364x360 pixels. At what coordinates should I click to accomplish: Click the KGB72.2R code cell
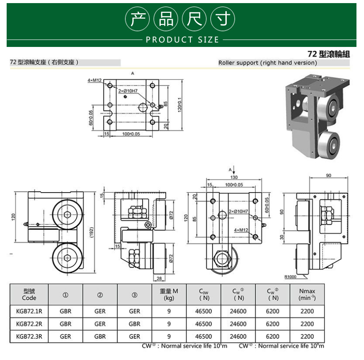(x=29, y=324)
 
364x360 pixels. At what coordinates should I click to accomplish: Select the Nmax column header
(x=307, y=294)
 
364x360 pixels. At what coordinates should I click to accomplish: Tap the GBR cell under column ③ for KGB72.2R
(x=135, y=324)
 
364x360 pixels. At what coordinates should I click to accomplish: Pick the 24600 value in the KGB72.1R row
(x=238, y=311)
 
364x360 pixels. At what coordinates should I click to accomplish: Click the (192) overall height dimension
(x=92, y=232)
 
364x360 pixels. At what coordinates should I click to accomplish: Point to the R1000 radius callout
(x=290, y=277)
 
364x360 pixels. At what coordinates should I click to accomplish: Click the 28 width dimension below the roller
(x=159, y=278)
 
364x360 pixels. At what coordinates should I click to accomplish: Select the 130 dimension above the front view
(x=234, y=177)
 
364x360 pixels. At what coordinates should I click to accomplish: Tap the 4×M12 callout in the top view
(x=94, y=80)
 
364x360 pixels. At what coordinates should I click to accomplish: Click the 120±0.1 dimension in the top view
(x=180, y=105)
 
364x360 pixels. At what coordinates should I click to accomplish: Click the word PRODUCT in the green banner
(x=169, y=40)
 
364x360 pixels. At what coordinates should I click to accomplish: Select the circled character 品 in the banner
(x=166, y=19)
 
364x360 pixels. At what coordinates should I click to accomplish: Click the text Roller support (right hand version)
(x=267, y=63)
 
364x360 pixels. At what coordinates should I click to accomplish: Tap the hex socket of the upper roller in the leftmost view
(x=67, y=214)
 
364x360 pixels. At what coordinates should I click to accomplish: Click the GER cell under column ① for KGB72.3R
(x=66, y=337)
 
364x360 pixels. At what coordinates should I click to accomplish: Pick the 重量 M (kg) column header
(x=169, y=294)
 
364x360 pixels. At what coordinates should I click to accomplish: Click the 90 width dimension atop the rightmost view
(x=329, y=175)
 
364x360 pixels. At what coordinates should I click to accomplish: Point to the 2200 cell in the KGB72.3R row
(x=307, y=337)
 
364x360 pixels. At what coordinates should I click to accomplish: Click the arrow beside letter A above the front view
(x=234, y=170)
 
